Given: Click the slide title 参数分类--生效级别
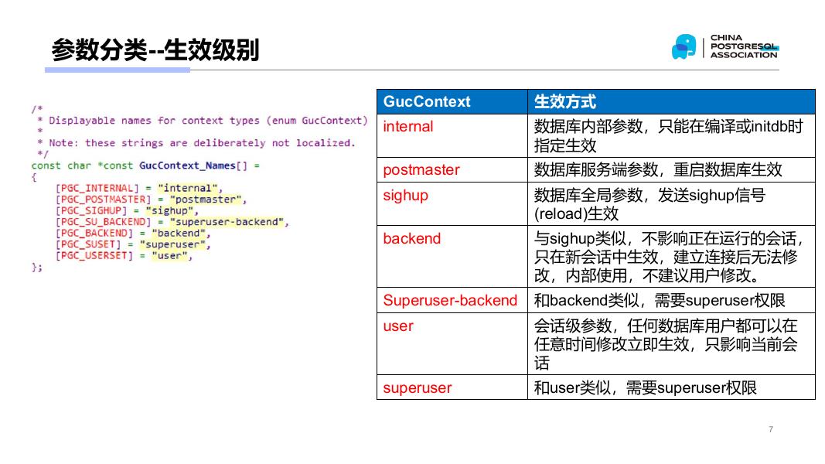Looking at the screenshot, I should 155,50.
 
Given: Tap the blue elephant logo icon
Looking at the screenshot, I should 684,46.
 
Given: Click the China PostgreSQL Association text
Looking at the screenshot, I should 743,46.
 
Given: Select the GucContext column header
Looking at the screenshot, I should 426,102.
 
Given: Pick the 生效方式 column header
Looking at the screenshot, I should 565,102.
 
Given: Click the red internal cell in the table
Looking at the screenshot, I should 408,127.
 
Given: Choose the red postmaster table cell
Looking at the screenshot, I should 421,170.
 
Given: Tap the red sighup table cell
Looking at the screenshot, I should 405,196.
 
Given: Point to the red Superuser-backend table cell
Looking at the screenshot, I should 450,301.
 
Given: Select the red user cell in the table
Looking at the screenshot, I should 398,326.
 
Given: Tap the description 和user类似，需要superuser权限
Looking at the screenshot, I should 645,388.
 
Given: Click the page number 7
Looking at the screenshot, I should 771,429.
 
